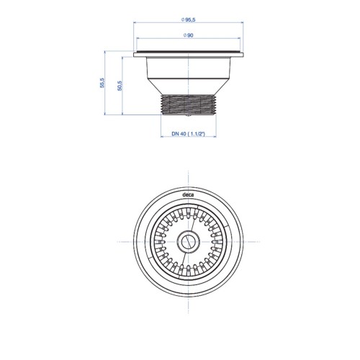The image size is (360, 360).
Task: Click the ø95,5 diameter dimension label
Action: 189,20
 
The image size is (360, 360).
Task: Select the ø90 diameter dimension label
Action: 189,35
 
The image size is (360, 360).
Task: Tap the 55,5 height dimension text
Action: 102,83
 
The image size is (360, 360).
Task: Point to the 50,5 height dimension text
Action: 120,86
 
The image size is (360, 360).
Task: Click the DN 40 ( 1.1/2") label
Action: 188,134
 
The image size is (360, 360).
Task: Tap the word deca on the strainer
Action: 188,195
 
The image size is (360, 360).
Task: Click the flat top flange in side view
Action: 189,55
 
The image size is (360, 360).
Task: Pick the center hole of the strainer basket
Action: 189,242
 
